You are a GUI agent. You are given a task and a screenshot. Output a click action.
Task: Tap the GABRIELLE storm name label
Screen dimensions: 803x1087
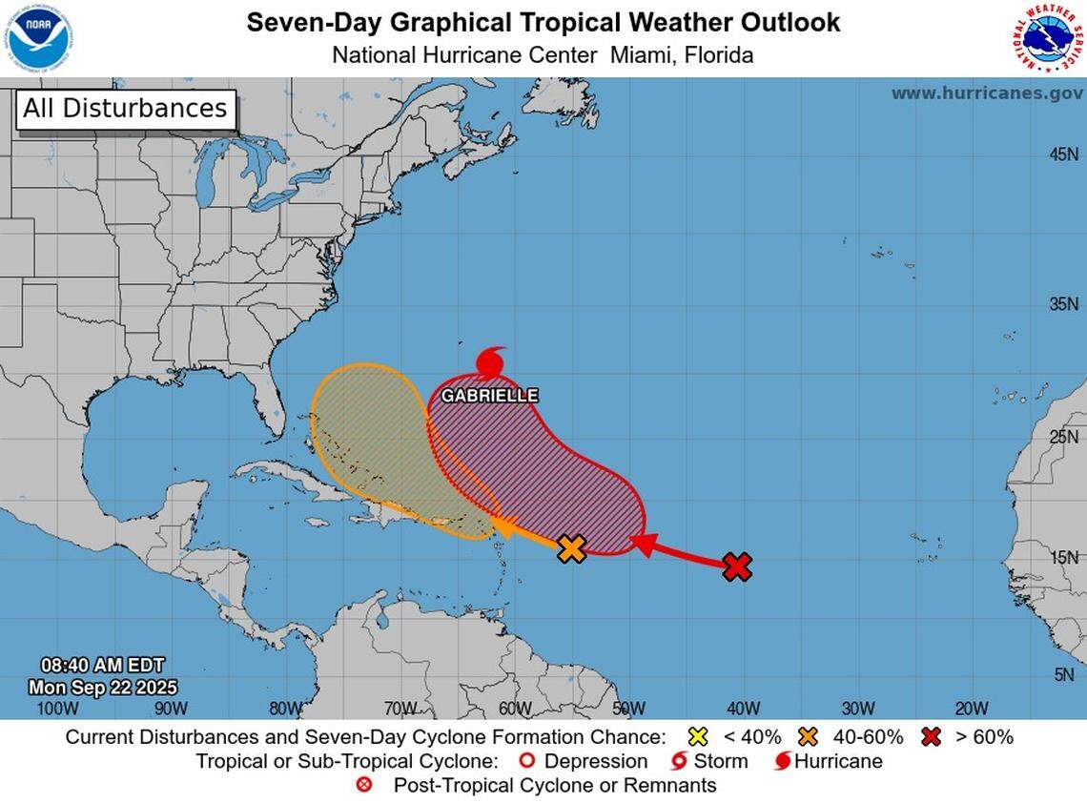[x=489, y=395]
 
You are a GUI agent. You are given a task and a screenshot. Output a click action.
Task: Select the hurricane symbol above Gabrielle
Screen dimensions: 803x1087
[x=490, y=363]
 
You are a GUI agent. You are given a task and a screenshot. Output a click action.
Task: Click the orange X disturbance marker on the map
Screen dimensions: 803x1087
[x=571, y=548]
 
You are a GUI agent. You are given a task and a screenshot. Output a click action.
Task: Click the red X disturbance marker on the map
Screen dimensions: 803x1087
[x=737, y=566]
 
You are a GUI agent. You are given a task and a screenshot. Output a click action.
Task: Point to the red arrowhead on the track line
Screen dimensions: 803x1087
[x=643, y=545]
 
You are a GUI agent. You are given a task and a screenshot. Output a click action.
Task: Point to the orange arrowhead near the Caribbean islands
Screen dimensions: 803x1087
[x=504, y=526]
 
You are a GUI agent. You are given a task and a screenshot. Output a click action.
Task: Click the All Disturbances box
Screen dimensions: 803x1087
[x=125, y=109]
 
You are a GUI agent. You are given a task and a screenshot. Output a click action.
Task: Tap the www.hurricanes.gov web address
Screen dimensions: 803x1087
[x=987, y=93]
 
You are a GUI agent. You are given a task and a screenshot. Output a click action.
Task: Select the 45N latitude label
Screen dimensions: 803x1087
[x=1063, y=154]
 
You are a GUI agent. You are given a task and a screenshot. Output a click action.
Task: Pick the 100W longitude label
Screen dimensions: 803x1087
[x=56, y=708]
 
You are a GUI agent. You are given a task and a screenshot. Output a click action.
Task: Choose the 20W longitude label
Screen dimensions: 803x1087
[x=972, y=708]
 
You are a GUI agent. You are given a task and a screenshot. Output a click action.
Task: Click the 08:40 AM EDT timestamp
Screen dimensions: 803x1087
[x=102, y=665]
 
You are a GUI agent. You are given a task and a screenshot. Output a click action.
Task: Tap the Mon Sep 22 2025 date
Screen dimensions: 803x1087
[x=102, y=687]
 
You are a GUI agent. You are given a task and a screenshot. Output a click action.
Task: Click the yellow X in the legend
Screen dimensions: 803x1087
[x=698, y=736]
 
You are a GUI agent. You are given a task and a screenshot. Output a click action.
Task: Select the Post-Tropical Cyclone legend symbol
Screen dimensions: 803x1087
[x=363, y=786]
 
